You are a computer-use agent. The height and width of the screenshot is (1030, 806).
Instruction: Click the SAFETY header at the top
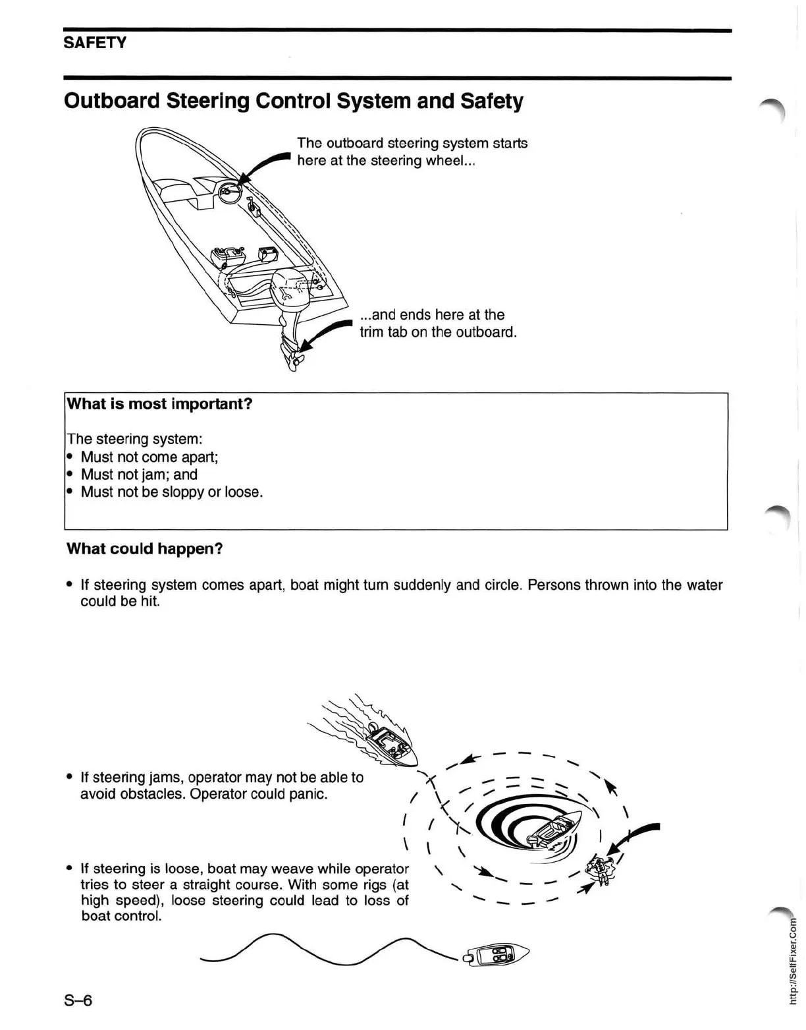click(95, 43)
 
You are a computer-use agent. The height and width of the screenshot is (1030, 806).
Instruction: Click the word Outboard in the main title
click(112, 101)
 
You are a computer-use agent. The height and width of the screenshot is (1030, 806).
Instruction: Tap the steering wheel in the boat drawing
click(228, 192)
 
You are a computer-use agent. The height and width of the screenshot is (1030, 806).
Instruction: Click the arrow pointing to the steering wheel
click(263, 167)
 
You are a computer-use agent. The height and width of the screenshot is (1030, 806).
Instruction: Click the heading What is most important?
click(159, 404)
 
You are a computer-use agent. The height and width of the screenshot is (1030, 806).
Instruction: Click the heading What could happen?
click(145, 549)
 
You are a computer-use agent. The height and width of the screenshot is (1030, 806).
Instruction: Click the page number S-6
click(78, 1001)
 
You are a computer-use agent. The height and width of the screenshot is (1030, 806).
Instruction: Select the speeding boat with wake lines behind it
click(389, 745)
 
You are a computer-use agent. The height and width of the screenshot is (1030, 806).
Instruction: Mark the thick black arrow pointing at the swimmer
click(633, 836)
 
